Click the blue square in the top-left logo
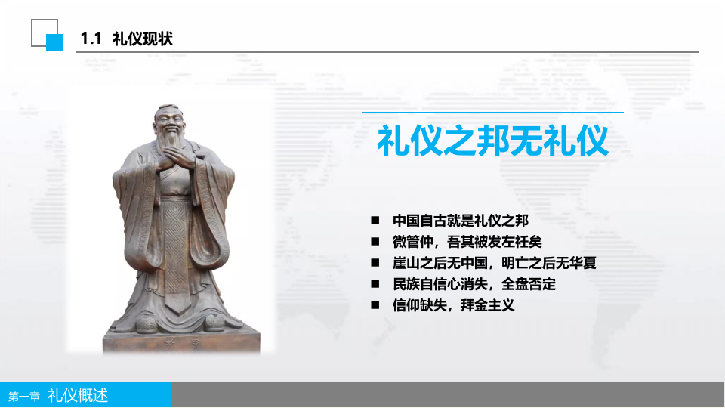[54, 42]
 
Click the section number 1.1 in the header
[91, 39]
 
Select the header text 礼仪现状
[143, 39]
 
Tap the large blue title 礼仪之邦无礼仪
[492, 140]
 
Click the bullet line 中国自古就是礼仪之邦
[460, 221]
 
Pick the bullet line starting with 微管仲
[467, 242]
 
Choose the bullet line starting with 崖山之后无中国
[495, 263]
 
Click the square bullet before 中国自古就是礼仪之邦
[375, 221]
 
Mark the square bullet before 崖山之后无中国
[375, 263]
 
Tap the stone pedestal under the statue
[181, 340]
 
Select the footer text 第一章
[24, 396]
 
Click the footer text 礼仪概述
[78, 395]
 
